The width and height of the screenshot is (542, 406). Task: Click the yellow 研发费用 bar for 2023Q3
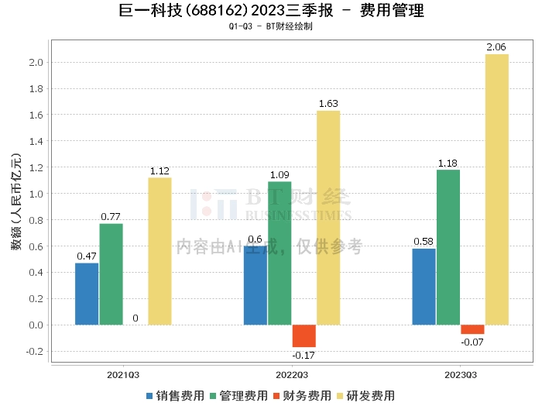point(497,190)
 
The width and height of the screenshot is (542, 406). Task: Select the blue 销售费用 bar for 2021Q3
point(87,294)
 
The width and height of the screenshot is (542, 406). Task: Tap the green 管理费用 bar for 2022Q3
point(280,253)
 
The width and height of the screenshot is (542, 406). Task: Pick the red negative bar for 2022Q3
point(304,335)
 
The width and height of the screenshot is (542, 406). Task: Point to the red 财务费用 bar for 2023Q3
point(472,329)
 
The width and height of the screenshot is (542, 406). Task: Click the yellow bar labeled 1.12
point(160,251)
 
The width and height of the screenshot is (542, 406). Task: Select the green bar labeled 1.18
point(448,247)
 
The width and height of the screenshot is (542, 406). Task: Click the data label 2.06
point(496,47)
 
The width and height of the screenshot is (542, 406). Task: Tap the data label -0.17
point(304,356)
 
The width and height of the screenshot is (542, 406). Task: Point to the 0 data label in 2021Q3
point(135,318)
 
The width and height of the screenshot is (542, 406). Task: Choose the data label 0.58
point(424,242)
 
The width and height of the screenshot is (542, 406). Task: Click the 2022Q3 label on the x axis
point(292,375)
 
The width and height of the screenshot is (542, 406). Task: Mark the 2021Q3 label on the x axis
point(123,375)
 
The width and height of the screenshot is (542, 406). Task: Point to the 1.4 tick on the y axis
point(36,141)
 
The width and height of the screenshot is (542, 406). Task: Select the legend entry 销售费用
point(175,396)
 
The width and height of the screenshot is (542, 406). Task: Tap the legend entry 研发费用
point(365,396)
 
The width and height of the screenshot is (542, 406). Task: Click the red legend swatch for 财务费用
point(276,396)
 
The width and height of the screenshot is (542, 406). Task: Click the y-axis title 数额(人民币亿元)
point(16,201)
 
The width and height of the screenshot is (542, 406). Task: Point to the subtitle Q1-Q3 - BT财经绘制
point(271,26)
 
